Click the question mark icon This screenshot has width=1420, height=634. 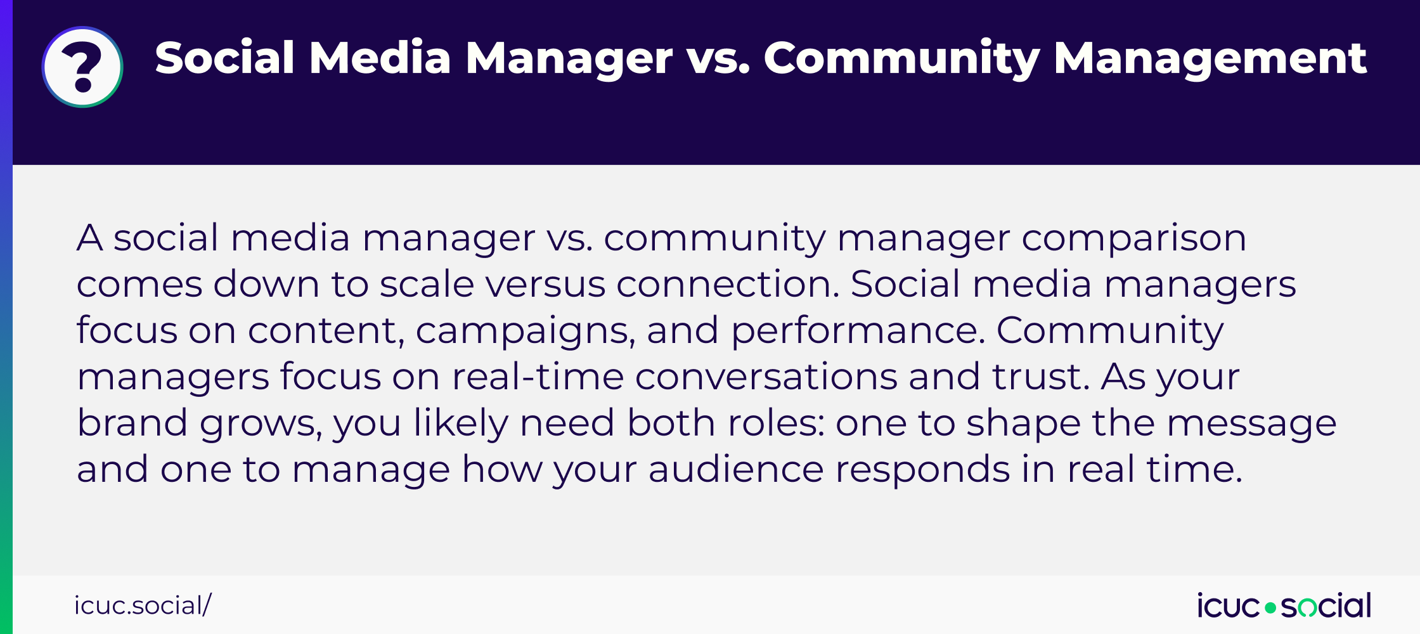pyautogui.click(x=82, y=67)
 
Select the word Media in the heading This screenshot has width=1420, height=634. pyautogui.click(x=380, y=58)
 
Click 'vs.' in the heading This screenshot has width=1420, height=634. pyautogui.click(x=718, y=58)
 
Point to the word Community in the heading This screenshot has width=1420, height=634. pyautogui.click(x=901, y=58)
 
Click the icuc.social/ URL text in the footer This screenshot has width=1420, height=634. pyautogui.click(x=143, y=605)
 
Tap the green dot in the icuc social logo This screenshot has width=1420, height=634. pyautogui.click(x=1270, y=607)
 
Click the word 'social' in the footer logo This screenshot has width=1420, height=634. pyautogui.click(x=1326, y=606)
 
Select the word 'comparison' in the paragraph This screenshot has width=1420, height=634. pyautogui.click(x=1133, y=238)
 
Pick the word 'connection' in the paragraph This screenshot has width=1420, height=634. pyautogui.click(x=728, y=284)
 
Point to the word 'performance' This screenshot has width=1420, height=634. pyautogui.click(x=858, y=331)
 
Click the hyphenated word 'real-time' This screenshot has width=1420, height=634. pyautogui.click(x=538, y=377)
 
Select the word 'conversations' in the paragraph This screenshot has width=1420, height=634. pyautogui.click(x=766, y=377)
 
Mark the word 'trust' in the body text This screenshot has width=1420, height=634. pyautogui.click(x=1040, y=377)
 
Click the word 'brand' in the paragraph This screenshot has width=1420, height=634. pyautogui.click(x=132, y=423)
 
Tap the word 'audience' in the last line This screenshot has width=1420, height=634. pyautogui.click(x=735, y=469)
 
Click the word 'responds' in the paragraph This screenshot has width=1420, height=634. pyautogui.click(x=922, y=470)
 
